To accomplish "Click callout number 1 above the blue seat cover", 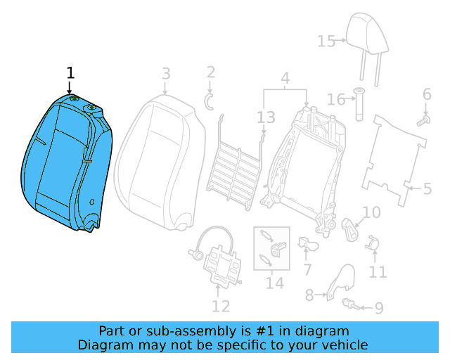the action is pyautogui.click(x=70, y=73).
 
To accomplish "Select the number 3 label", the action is pyautogui.click(x=166, y=73).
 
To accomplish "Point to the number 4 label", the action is pyautogui.click(x=285, y=78).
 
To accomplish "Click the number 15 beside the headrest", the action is pyautogui.click(x=326, y=41).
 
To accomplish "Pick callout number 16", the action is pyautogui.click(x=336, y=99).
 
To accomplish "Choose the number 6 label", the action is pyautogui.click(x=426, y=94).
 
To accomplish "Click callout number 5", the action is pyautogui.click(x=427, y=188).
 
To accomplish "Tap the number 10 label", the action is pyautogui.click(x=371, y=212).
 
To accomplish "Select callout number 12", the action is pyautogui.click(x=221, y=306).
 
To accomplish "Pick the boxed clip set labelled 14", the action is pyautogui.click(x=271, y=248).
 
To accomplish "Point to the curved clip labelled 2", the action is pyautogui.click(x=209, y=99).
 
